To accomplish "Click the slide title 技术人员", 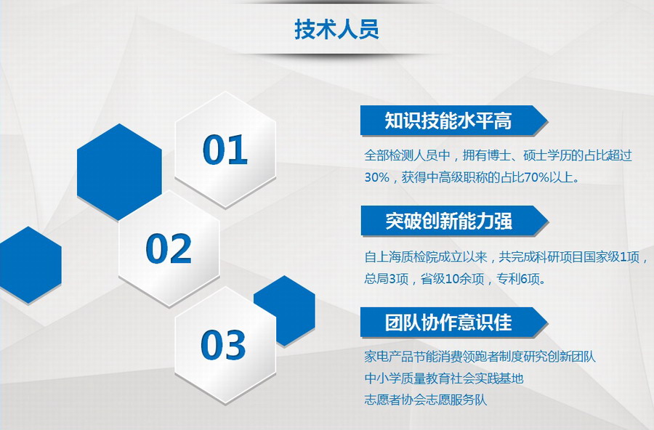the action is click(x=336, y=29).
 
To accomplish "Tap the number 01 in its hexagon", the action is click(x=225, y=150).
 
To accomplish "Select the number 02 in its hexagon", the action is click(x=169, y=248).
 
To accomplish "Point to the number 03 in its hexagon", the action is click(x=223, y=344).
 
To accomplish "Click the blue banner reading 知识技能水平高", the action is click(x=453, y=121).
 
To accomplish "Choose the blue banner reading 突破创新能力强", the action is click(x=453, y=221).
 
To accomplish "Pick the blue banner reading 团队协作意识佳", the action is click(x=453, y=322).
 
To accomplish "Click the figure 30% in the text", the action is click(x=377, y=177).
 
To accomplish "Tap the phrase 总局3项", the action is click(x=387, y=279).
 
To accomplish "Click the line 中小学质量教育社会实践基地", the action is click(x=444, y=378).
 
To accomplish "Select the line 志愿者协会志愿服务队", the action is click(x=425, y=400).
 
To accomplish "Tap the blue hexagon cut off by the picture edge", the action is click(x=30, y=265).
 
